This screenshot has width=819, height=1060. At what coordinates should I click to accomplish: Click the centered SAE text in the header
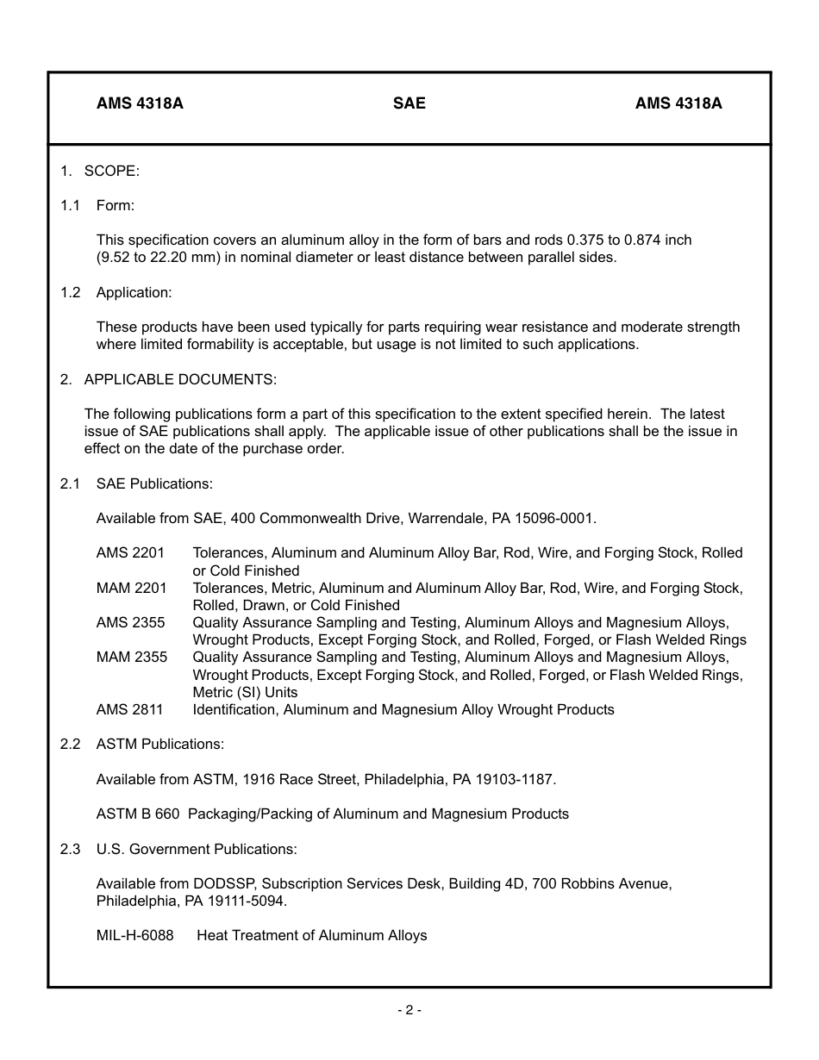click(x=409, y=103)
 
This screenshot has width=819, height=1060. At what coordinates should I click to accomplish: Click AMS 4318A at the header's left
click(x=140, y=103)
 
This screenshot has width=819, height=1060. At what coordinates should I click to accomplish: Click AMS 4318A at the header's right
click(x=678, y=103)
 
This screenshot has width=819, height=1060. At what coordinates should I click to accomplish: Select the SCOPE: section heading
click(x=111, y=171)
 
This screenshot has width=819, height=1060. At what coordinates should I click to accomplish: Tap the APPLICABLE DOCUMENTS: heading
click(x=180, y=379)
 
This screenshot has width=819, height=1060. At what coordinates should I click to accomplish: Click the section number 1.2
click(x=70, y=292)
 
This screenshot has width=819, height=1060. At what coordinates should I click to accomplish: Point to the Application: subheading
click(x=134, y=292)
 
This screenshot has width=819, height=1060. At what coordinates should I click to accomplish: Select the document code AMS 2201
click(x=130, y=552)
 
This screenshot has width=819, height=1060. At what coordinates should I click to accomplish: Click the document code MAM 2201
click(x=131, y=588)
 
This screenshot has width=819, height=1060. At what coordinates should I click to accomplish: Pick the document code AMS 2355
click(x=130, y=622)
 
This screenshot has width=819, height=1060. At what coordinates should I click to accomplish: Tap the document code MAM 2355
click(x=131, y=657)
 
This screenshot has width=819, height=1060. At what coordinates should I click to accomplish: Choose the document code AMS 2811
click(x=129, y=709)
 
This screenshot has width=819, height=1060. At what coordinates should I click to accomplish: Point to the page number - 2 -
click(x=409, y=1010)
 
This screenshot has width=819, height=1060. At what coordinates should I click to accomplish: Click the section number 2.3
click(x=70, y=849)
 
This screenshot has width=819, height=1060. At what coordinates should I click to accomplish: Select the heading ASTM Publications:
click(x=159, y=744)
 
